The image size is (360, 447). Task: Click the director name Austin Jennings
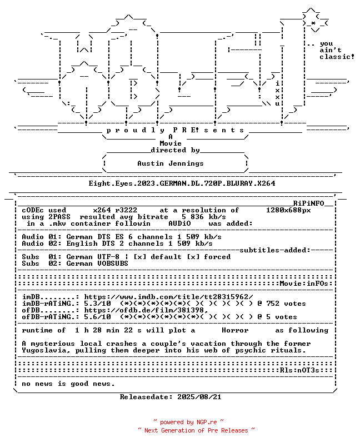point(171,163)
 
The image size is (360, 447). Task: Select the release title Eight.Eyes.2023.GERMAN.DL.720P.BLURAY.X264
point(182,183)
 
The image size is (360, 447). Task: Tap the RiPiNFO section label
point(309,203)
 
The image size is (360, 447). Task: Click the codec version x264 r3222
point(115,210)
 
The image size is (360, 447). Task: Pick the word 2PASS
point(59,217)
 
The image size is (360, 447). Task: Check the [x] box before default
point(139,257)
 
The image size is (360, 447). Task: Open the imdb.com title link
point(168,297)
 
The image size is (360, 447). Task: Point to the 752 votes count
point(286,304)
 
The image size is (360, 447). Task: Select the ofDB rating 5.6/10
point(97,317)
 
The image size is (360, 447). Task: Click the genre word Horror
point(235,330)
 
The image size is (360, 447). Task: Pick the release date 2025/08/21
point(199,397)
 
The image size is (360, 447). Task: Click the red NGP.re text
point(206,422)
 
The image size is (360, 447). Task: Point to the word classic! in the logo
point(337,57)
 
